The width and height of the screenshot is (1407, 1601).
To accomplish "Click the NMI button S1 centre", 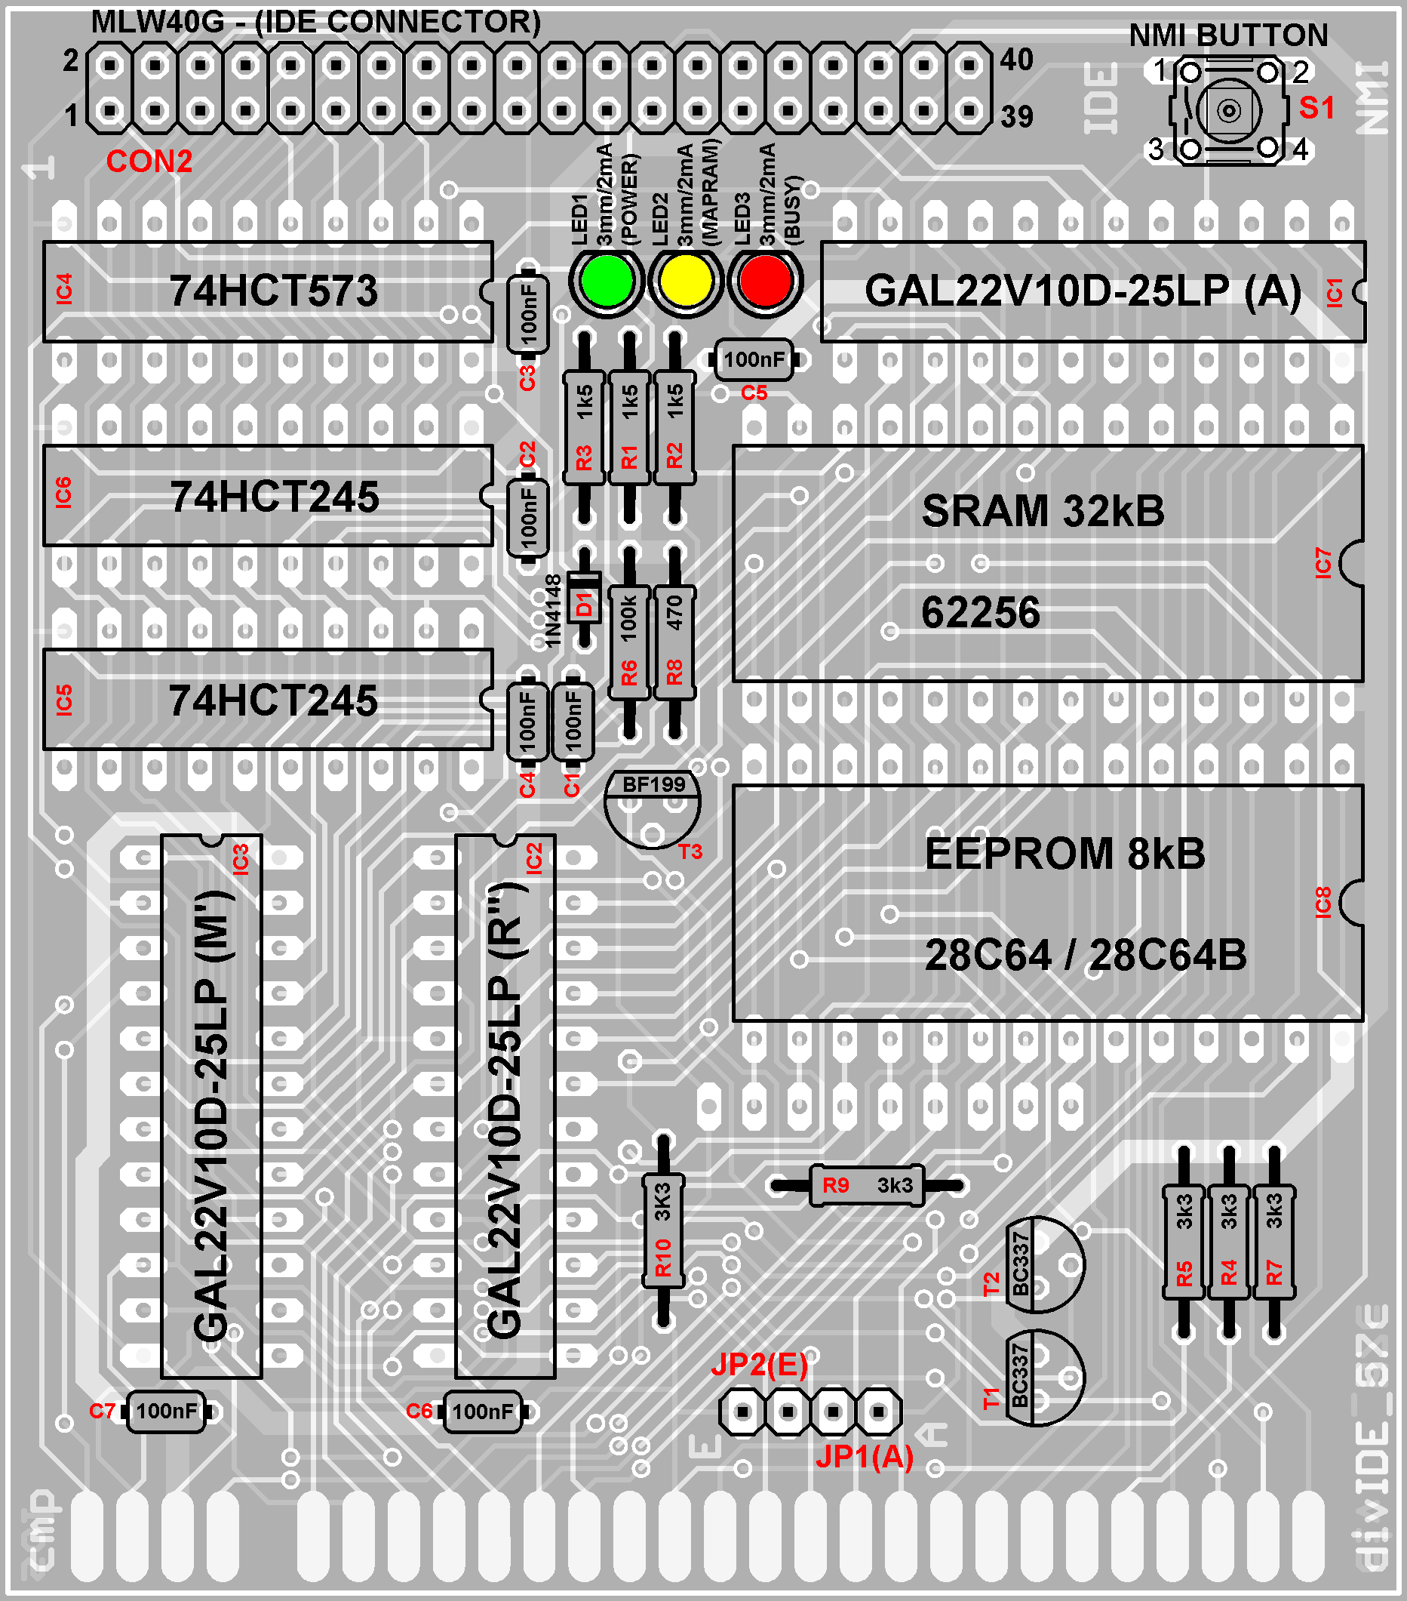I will coord(1228,110).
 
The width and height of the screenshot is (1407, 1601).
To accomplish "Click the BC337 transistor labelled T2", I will coord(1043,1264).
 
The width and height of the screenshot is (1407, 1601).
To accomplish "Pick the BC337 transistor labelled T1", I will coord(1043,1378).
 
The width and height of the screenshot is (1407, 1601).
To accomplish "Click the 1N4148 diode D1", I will coord(584,604).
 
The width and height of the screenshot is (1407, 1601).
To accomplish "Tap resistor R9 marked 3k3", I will coord(867,1185).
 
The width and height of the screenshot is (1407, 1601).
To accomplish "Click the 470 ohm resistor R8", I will coord(674,642).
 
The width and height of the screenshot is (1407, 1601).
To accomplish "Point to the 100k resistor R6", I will coord(628,642).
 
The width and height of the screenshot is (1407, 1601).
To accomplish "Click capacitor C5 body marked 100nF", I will coord(753,359).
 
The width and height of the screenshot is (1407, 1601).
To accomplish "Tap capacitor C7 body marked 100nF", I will coord(166,1411).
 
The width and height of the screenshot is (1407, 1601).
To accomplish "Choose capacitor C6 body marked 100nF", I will coord(482,1411).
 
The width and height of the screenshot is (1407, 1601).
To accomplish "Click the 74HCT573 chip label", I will coord(273,291).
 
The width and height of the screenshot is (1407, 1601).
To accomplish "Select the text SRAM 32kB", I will coord(1042,511).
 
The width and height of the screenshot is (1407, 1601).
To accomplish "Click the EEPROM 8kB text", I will coord(1064,853).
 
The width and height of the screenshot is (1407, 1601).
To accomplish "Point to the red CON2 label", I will coord(149,162).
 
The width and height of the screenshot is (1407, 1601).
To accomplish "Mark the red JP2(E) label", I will coord(759,1365).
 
